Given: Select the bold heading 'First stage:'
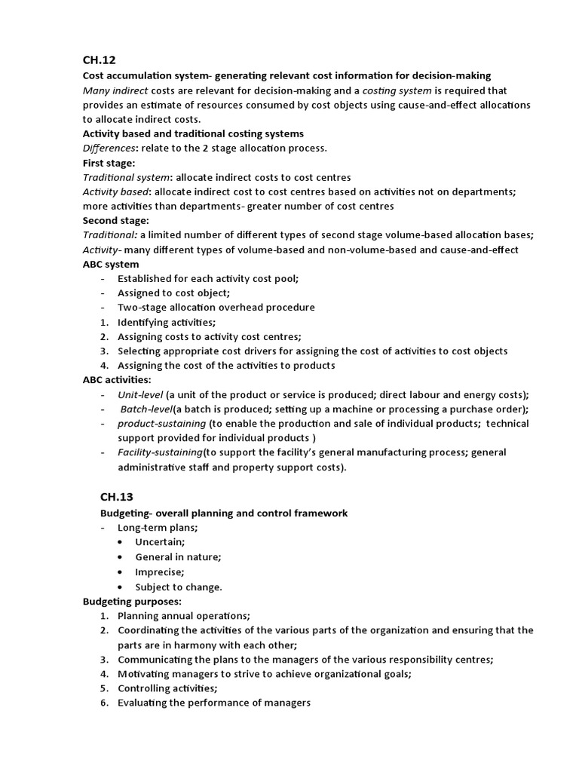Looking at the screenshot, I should [109, 163].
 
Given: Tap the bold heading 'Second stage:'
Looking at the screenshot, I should [115, 221].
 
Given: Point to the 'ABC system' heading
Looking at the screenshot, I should [111, 265].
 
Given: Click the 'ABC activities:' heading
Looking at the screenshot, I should [117, 380].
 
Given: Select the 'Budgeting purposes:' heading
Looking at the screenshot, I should [131, 601].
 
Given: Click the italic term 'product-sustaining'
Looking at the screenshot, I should [161, 424].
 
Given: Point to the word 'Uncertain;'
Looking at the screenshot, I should [160, 543].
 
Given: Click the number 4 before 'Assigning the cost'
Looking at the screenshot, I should [104, 366].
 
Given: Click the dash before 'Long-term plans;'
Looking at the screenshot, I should [103, 528].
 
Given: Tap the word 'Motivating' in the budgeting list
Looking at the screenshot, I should [144, 674].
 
